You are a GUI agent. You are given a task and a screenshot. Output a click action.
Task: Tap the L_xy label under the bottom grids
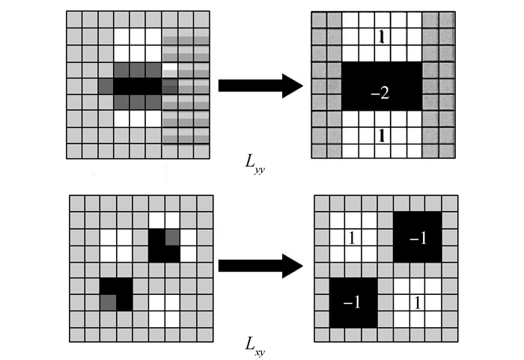pyautogui.click(x=255, y=345)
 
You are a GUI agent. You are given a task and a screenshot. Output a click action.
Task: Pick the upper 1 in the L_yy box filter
pyautogui.click(x=382, y=37)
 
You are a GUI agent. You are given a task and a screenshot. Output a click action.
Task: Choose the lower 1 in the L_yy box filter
pyautogui.click(x=382, y=135)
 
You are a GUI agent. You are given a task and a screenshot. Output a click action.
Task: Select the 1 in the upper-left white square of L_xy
pyautogui.click(x=352, y=238)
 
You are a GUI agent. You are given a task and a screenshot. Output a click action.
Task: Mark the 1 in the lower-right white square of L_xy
pyautogui.click(x=417, y=302)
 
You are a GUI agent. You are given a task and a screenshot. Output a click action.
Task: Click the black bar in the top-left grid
pyautogui.click(x=138, y=85)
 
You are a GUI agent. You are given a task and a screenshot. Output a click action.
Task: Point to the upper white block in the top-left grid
pyautogui.click(x=138, y=36)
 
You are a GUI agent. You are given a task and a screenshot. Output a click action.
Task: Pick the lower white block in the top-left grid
pyautogui.click(x=138, y=118)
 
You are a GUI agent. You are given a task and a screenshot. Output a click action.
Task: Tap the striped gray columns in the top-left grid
pyautogui.click(x=186, y=86)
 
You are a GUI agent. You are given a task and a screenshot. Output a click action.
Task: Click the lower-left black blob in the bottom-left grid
pyautogui.click(x=116, y=293)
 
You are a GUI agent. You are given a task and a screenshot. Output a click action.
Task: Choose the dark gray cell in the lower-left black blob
pyautogui.click(x=108, y=302)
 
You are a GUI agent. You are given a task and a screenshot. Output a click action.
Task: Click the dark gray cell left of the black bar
pyautogui.click(x=106, y=85)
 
